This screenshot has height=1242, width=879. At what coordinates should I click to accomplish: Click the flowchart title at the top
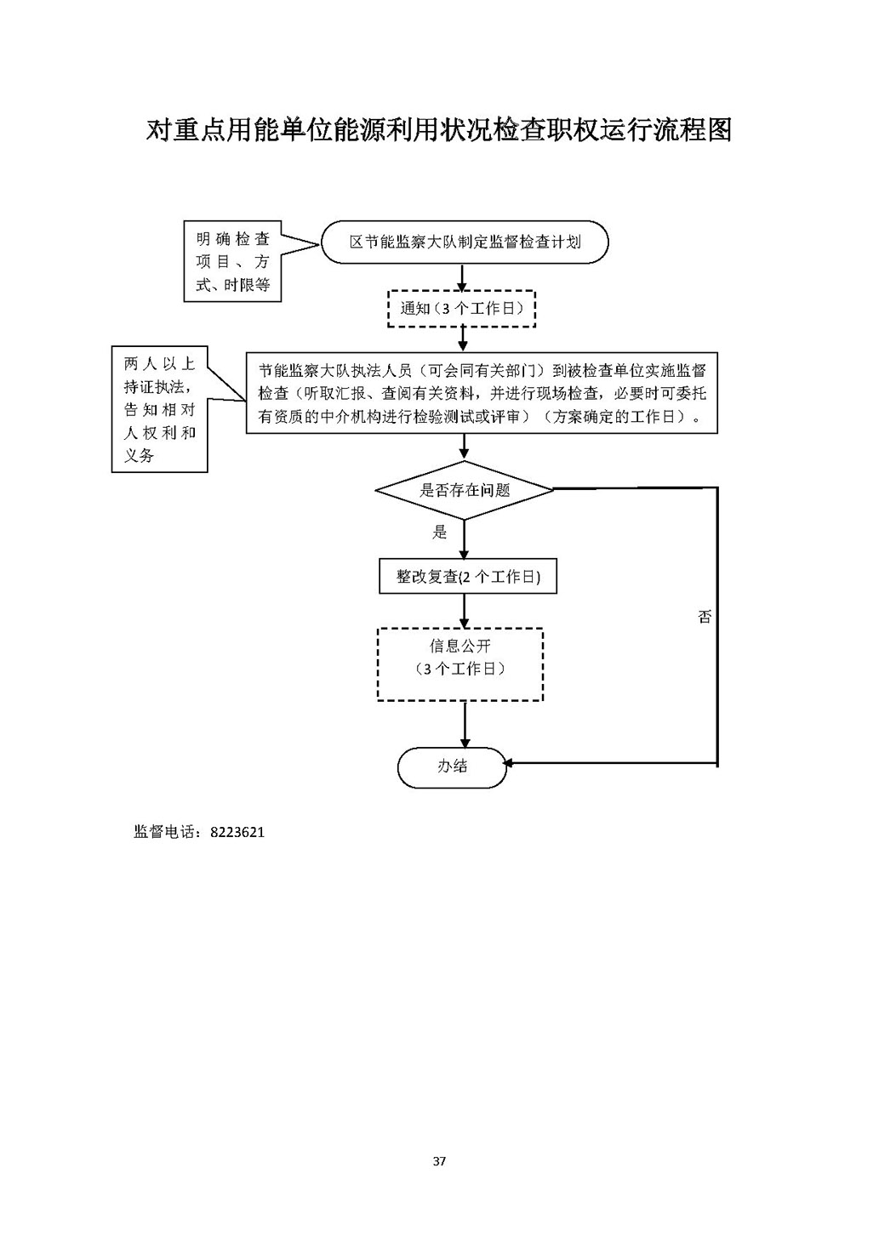[x=439, y=129]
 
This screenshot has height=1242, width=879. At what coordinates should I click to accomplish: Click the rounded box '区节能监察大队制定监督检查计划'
[x=465, y=242]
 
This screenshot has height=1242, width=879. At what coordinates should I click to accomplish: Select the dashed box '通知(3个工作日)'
[x=462, y=309]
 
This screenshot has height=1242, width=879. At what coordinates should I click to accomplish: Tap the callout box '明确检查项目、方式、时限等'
[x=232, y=262]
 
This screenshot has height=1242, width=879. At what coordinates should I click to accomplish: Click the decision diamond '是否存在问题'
[x=465, y=490]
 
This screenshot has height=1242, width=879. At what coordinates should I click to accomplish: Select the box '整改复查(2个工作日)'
[x=467, y=577]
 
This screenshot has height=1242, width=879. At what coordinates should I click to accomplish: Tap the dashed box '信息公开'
[x=460, y=664]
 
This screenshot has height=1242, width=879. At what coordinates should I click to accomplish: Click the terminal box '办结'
[x=452, y=766]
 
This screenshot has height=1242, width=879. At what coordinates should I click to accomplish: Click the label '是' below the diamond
[x=439, y=533]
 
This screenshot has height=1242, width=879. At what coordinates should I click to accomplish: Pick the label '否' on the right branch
[x=705, y=617]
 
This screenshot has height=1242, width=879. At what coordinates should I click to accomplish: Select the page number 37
[x=439, y=1161]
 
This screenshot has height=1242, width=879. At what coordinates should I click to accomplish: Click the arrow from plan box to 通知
[x=462, y=277]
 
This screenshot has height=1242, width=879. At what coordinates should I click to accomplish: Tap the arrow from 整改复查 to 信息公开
[x=465, y=611]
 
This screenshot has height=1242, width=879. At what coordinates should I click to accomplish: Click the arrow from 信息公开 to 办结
[x=465, y=724]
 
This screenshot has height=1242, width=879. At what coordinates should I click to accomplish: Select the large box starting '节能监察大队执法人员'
[x=482, y=393]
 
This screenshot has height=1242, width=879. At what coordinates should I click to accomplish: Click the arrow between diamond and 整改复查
[x=465, y=539]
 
